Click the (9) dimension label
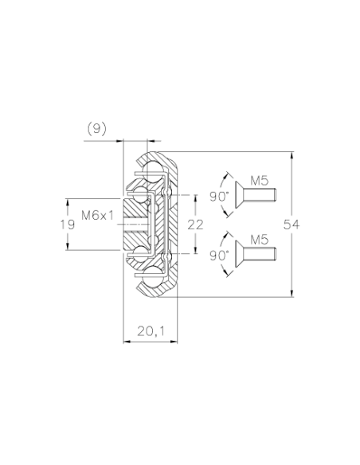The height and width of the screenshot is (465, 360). (x=96, y=129)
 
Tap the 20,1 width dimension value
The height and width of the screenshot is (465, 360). (x=151, y=331)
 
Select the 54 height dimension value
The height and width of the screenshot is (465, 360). (x=292, y=225)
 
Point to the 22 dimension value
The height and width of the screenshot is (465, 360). (x=195, y=225)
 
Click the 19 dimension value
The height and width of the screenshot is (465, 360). (x=68, y=225)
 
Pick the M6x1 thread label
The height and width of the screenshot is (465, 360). (x=97, y=215)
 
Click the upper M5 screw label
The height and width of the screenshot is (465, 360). (x=259, y=181)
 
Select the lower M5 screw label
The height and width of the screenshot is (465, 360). (x=259, y=240)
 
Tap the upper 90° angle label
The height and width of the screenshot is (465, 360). (x=220, y=197)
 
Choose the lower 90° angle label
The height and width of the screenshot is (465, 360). (x=220, y=256)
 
